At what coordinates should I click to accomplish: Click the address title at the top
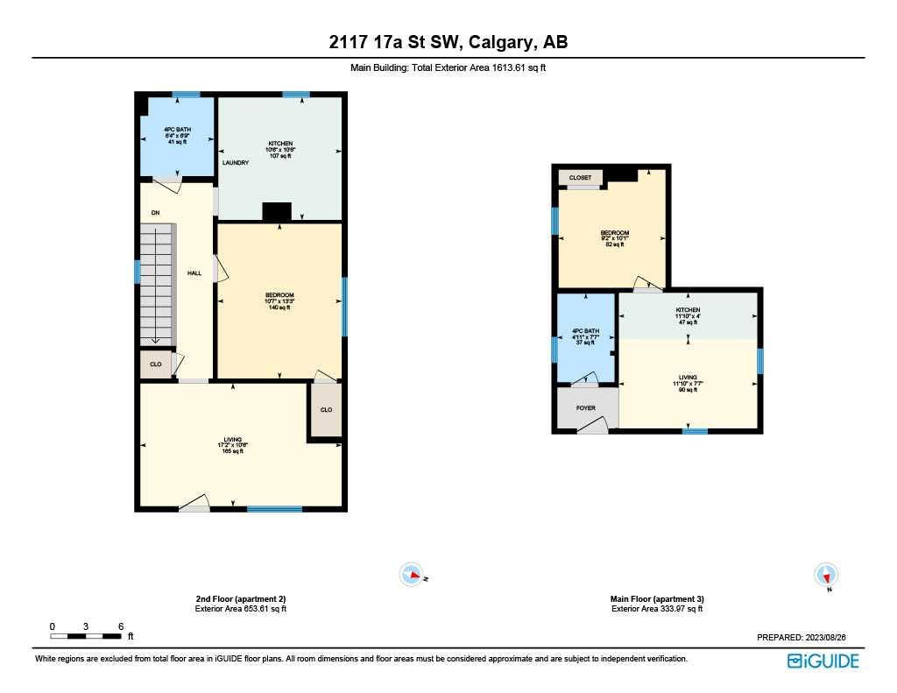(x=448, y=43)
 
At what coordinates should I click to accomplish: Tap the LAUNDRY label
(x=236, y=163)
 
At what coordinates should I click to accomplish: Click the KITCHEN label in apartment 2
(x=280, y=144)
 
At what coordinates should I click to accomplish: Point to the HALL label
(x=194, y=273)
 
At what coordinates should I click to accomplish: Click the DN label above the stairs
(x=155, y=213)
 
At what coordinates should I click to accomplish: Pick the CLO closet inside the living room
(x=326, y=410)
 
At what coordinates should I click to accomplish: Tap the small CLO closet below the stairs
(x=156, y=364)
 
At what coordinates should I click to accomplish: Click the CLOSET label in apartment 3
(x=580, y=178)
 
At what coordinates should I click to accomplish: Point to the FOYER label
(x=586, y=408)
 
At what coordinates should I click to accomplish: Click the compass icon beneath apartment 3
(x=826, y=575)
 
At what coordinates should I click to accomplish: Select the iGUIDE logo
(x=823, y=661)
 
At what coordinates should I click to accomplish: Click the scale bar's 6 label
(x=120, y=626)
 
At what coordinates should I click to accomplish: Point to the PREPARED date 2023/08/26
(x=808, y=638)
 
